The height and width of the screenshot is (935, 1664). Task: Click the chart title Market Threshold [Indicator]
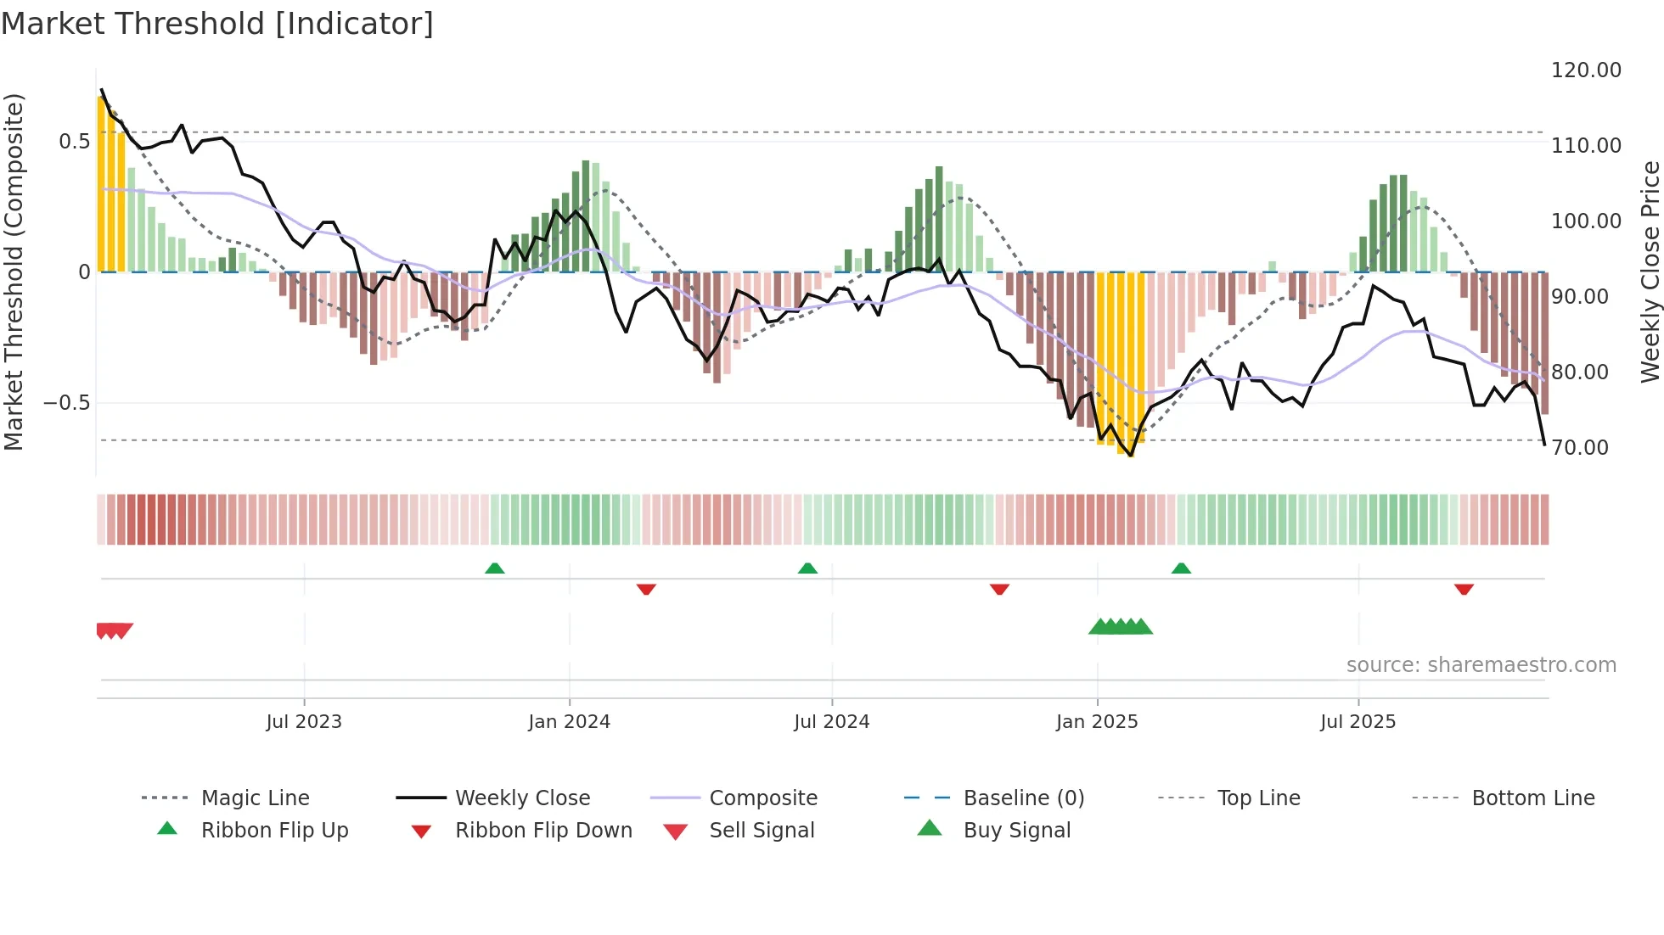point(217,24)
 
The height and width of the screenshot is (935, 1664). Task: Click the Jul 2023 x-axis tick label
point(304,722)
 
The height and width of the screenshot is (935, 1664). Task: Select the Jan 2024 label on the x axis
point(569,722)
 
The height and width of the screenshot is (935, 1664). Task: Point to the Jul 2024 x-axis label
point(832,722)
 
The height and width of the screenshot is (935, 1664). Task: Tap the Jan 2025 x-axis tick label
point(1097,722)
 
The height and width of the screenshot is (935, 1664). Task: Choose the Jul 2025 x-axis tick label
point(1358,722)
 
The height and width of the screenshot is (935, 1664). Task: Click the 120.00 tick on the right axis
point(1586,70)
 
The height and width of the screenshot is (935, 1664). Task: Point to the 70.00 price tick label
point(1580,448)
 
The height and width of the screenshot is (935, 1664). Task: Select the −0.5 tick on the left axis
point(66,403)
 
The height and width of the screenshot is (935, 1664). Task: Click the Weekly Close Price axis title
point(1650,272)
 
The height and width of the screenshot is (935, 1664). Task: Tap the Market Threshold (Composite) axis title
point(14,272)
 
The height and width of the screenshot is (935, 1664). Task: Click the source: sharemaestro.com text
point(1481,665)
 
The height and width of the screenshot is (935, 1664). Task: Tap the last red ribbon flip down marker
point(1464,589)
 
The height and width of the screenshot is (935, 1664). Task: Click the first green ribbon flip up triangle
point(495,568)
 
